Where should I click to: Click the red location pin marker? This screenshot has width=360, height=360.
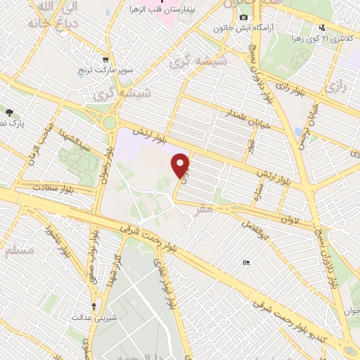pyautogui.click(x=181, y=164)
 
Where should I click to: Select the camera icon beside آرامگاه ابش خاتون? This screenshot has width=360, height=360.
pyautogui.click(x=243, y=17)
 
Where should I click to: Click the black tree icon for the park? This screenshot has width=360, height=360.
pyautogui.click(x=9, y=112)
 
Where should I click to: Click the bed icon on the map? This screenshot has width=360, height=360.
pyautogui.click(x=245, y=263)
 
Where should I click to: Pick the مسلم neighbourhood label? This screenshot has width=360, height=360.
pyautogui.click(x=19, y=251)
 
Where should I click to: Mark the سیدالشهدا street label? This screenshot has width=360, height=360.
pyautogui.click(x=74, y=139)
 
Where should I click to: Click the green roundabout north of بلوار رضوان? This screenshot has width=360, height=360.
pyautogui.click(x=110, y=124)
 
